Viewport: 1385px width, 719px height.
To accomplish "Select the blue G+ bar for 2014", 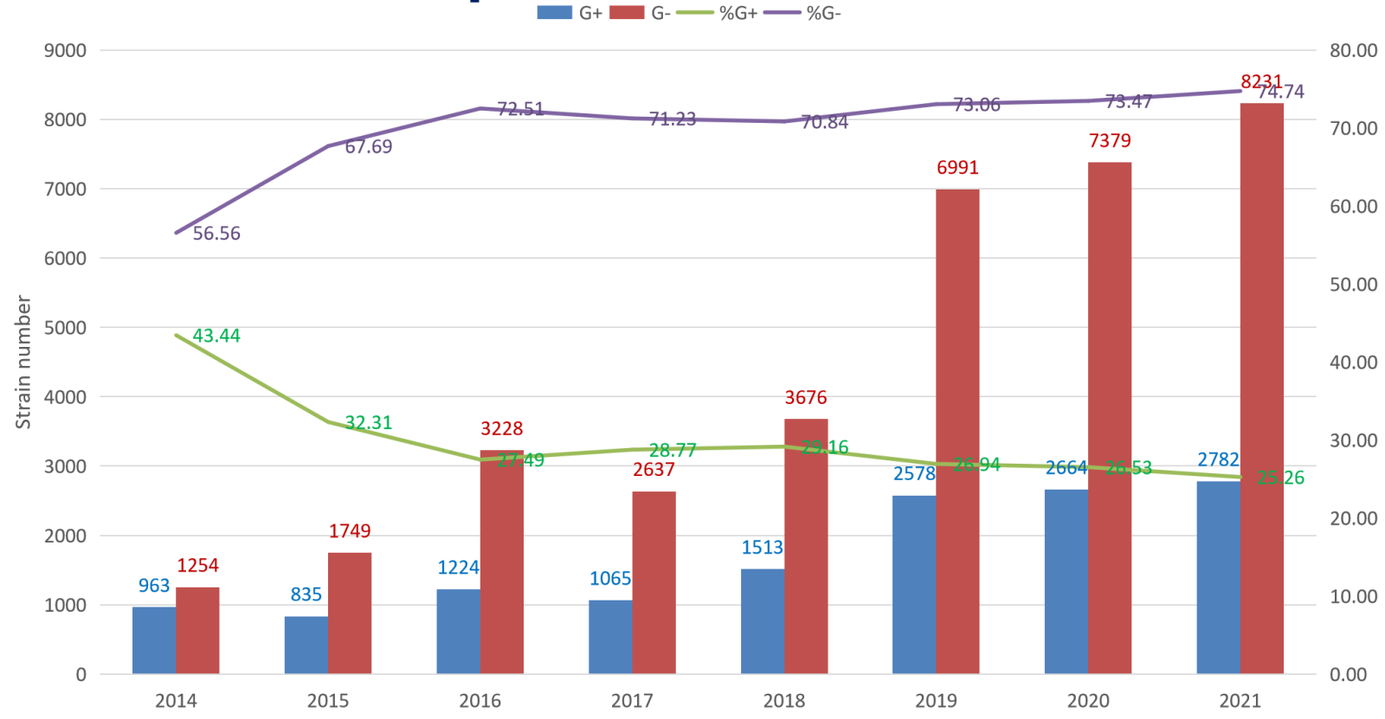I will (154, 640).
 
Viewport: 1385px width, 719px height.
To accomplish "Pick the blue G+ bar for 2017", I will (610, 637).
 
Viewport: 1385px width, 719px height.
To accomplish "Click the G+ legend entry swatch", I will (554, 13).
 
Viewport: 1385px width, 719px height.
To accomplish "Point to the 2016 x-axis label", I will (480, 701).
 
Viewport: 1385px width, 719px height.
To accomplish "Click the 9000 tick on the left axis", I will (66, 50).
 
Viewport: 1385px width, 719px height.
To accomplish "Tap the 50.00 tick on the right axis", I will (1353, 285).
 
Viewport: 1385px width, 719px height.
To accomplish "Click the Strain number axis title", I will (23, 363).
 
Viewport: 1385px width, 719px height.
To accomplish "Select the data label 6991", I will (957, 168).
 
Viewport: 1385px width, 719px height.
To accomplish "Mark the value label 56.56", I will (216, 234).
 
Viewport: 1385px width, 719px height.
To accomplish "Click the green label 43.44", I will (216, 336).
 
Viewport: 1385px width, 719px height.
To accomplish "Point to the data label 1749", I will (350, 531).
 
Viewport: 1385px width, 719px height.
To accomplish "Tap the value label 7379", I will (1110, 141).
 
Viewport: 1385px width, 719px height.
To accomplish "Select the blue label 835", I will (306, 594).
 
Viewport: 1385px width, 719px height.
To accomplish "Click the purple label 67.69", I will (369, 147).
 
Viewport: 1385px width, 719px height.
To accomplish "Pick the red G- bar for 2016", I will (502, 562).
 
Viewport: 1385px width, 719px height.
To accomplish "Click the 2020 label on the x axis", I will (1088, 701).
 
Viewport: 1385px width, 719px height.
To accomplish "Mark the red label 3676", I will (806, 398).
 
